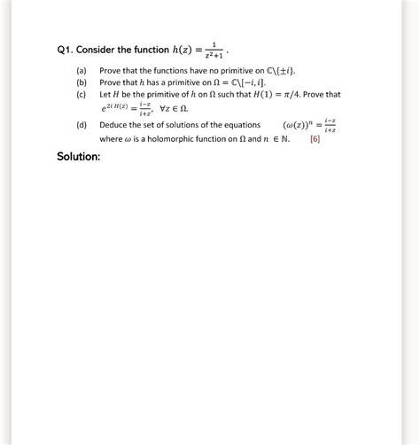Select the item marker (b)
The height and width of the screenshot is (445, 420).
click(81, 81)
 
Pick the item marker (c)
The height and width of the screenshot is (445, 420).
click(81, 93)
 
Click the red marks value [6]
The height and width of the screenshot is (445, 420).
click(315, 138)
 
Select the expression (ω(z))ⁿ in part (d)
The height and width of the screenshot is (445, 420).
click(297, 126)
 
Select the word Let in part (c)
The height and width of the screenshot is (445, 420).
click(105, 93)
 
